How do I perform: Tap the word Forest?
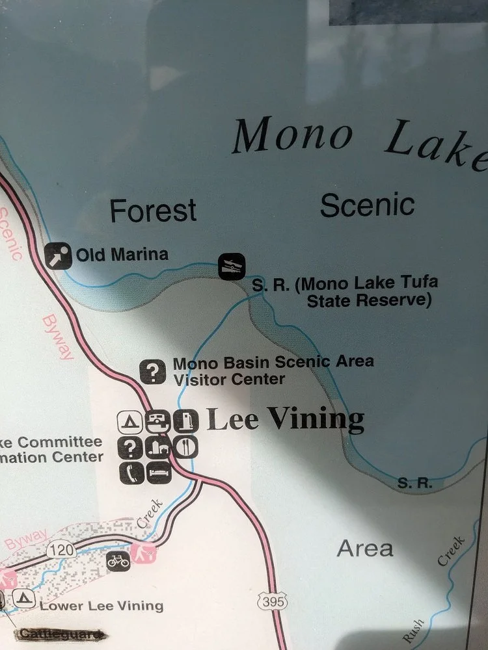coord(153,211)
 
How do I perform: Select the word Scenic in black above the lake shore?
coord(367,205)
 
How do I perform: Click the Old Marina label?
coord(122,254)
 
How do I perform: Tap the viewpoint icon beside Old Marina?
coord(58,255)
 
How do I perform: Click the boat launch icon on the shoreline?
coord(232,266)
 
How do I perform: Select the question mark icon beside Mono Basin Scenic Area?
coord(153,372)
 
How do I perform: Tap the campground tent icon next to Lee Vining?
coord(130,422)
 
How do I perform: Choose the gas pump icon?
coord(186,422)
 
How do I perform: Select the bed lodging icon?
coord(158,471)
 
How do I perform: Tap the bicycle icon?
coord(118,560)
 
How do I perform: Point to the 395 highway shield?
coord(272,602)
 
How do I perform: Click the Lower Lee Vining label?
coord(102,606)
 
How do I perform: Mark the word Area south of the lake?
coord(365,549)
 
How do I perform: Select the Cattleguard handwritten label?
coord(61,634)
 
